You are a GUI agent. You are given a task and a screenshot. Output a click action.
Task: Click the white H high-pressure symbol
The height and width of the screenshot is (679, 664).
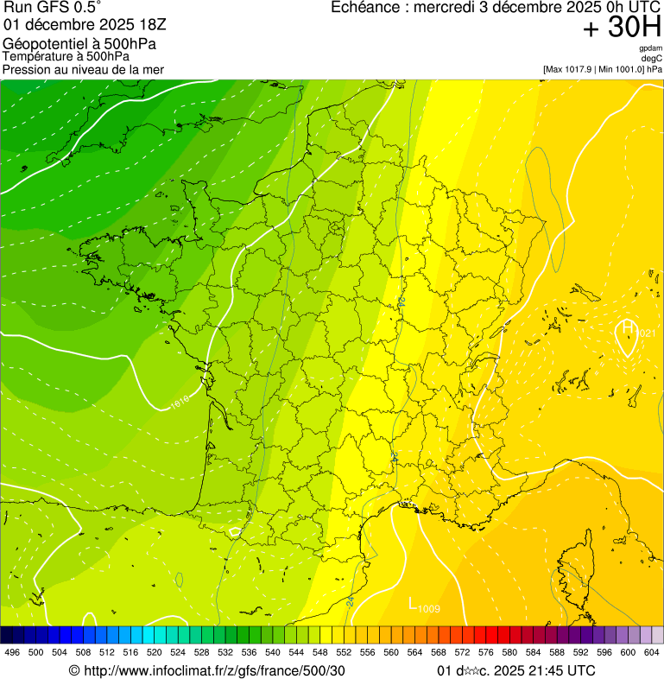click(627, 327)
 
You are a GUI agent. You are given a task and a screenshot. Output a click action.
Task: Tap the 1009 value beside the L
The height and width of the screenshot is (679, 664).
click(429, 610)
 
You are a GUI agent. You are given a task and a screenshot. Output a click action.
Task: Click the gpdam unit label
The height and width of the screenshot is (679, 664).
click(650, 48)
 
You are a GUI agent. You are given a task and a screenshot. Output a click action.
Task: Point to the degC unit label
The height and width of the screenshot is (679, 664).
click(652, 58)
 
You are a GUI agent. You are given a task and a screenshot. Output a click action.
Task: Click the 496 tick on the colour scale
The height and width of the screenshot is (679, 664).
click(12, 652)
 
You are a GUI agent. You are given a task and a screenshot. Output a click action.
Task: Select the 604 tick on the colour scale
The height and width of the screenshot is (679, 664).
click(652, 652)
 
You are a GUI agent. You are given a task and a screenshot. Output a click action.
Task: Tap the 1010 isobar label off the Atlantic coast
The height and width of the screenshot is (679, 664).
click(179, 402)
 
